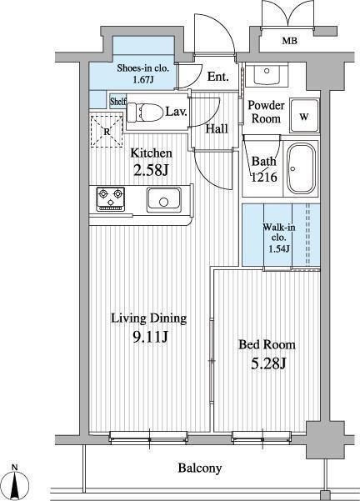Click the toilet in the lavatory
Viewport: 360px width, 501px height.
coord(144,112)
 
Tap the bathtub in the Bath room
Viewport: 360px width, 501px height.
coord(301,168)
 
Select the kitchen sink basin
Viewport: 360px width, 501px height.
coord(164,200)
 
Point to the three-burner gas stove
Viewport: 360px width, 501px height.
coord(111,199)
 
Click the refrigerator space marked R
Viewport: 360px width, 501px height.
coord(107,131)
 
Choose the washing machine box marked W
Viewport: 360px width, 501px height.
coord(304,116)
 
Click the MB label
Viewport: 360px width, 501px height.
coord(290,41)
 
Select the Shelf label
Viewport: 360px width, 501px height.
coord(117,102)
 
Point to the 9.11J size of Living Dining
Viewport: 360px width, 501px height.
coord(150,337)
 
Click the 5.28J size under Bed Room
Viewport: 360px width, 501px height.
coord(268,363)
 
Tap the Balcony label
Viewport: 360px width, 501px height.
coord(200,468)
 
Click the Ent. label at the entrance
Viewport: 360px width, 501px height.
coord(217,77)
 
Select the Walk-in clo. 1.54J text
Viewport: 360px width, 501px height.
coord(279,238)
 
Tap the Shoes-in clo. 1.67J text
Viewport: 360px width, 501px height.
coord(142,73)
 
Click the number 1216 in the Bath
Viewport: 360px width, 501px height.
coord(264,177)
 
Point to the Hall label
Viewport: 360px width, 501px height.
coord(217,128)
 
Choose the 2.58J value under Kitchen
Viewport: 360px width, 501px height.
coord(151,169)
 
